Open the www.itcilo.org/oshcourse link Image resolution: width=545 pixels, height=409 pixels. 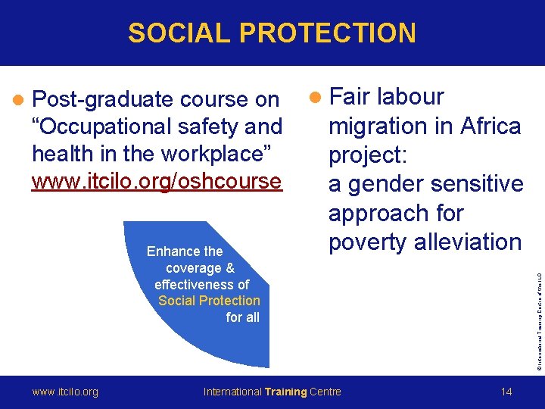pyautogui.click(x=157, y=182)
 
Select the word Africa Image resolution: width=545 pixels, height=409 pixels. pyautogui.click(x=484, y=126)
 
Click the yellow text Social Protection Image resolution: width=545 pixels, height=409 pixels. pyautogui.click(x=209, y=301)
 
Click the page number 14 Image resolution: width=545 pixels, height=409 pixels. pyautogui.click(x=506, y=392)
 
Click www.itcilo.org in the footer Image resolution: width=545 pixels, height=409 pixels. pyautogui.click(x=65, y=392)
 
